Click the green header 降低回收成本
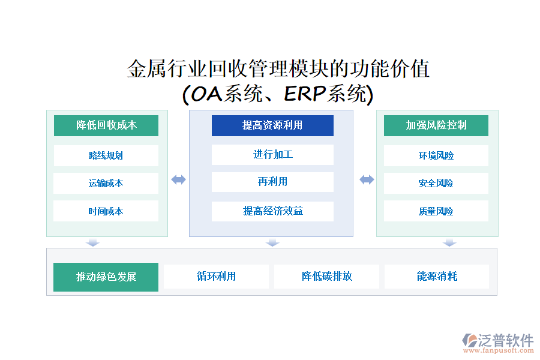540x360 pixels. [x=106, y=125]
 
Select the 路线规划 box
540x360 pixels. [x=106, y=155]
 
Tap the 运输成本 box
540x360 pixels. [x=106, y=183]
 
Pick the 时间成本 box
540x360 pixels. [x=106, y=211]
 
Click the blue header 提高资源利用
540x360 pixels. [x=272, y=125]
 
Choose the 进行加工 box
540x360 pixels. [x=272, y=155]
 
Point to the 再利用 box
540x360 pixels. [x=272, y=182]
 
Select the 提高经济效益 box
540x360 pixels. [x=272, y=211]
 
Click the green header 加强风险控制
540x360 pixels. [x=436, y=125]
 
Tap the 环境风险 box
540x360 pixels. [x=436, y=155]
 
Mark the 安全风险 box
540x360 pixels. [x=436, y=183]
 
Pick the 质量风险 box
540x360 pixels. [x=436, y=211]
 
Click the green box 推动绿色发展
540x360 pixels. [x=106, y=277]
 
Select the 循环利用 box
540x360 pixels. [x=216, y=277]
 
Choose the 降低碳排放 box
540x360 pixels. [x=326, y=277]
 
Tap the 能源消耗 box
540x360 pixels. [x=437, y=277]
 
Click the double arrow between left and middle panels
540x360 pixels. [x=179, y=179]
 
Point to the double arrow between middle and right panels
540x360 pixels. [x=367, y=179]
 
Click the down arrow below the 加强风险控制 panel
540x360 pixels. [x=450, y=243]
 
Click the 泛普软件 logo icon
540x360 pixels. [x=469, y=341]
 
